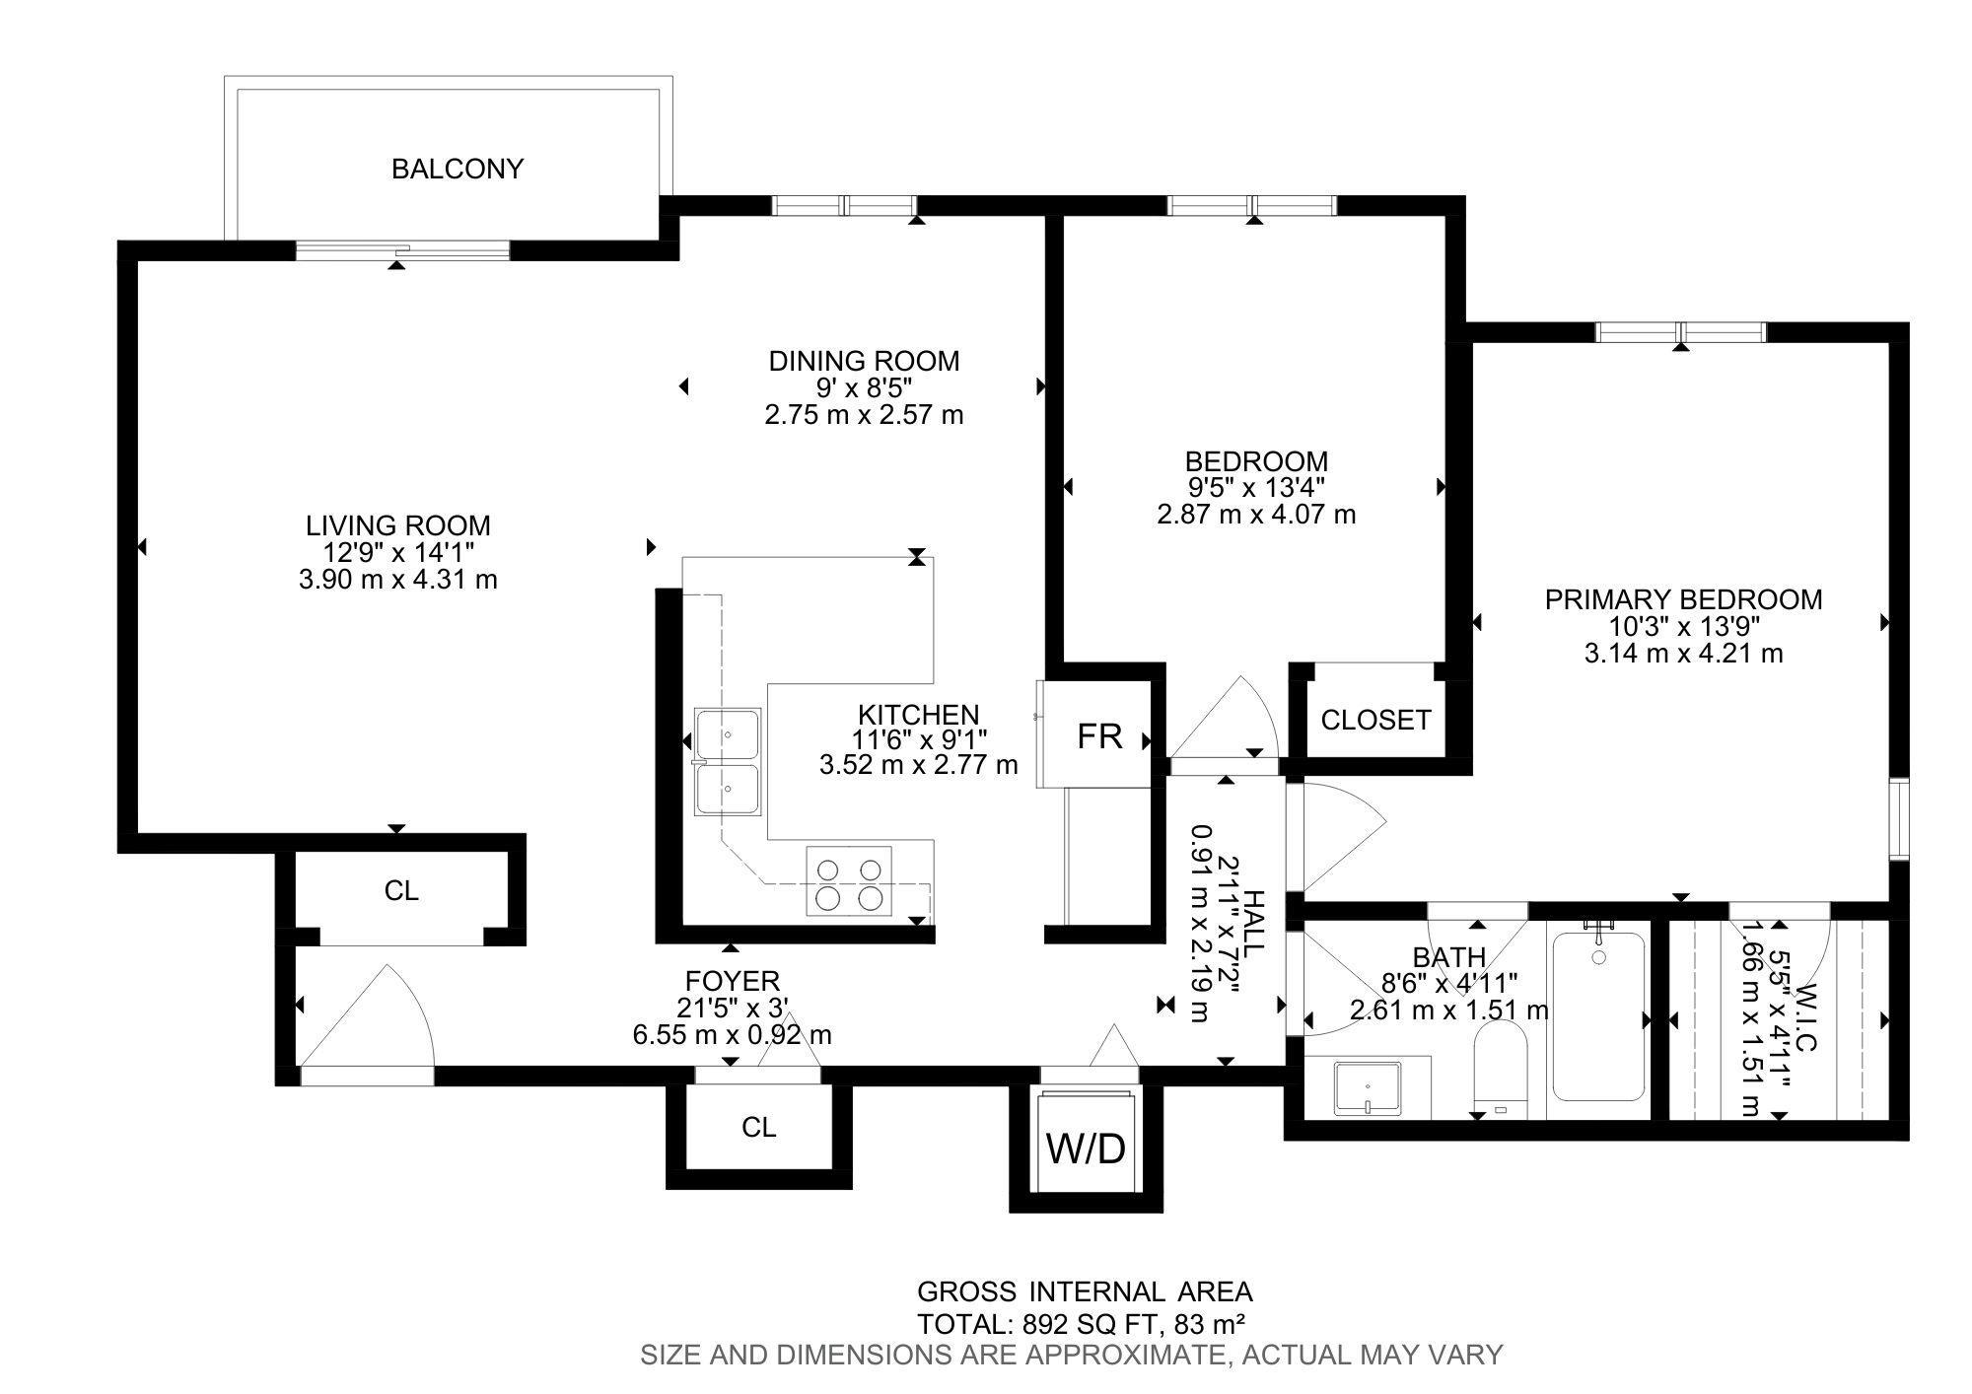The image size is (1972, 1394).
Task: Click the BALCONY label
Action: point(458,170)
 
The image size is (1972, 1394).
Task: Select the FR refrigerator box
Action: point(1097,734)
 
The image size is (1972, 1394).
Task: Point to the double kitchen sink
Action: point(728,761)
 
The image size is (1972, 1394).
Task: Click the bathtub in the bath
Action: point(1598,1015)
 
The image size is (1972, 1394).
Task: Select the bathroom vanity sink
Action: point(1368,1087)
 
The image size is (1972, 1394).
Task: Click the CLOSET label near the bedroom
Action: point(1375,721)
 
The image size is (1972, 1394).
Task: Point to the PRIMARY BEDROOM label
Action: point(1683,599)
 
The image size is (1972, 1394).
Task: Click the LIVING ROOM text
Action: point(397,525)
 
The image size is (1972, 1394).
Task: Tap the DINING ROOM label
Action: point(864,361)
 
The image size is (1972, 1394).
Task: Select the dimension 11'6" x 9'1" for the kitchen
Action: point(918,738)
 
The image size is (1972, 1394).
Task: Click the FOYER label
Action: point(732,981)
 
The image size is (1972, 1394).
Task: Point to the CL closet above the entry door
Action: point(401,891)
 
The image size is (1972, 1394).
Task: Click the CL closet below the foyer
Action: point(758,1127)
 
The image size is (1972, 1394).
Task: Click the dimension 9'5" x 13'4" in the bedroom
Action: point(1255,487)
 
